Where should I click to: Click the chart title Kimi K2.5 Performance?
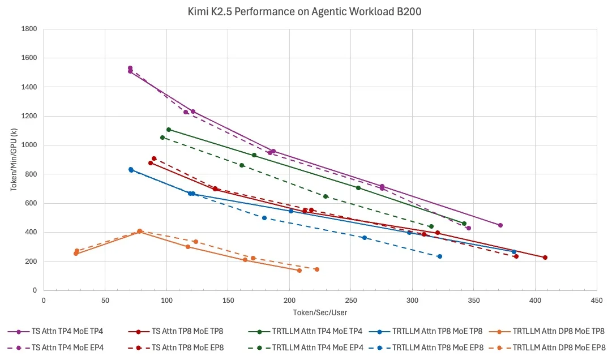coord(248,12)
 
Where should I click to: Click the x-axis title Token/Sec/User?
coord(320,312)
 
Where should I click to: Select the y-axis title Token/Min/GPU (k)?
coord(14,160)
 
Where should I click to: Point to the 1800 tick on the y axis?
coord(29,29)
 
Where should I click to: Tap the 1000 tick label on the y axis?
coord(29,145)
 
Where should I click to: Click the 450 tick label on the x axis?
coord(597,301)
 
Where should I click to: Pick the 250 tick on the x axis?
coord(350,301)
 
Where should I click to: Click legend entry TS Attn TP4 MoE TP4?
coord(55,332)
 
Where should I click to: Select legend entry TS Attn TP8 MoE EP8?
coord(176,348)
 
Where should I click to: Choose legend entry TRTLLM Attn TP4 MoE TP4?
coord(305,332)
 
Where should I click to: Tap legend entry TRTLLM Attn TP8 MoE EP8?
coord(426,348)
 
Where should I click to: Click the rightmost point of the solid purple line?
coord(500,225)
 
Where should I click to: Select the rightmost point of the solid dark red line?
coord(545,258)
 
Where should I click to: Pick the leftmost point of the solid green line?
coord(169,130)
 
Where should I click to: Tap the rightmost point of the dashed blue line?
coord(440,256)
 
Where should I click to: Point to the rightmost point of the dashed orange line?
coord(317,269)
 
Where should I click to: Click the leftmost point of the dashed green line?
coord(162,138)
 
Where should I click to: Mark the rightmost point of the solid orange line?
coord(299,271)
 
